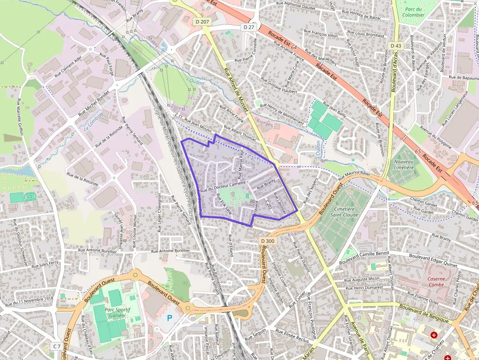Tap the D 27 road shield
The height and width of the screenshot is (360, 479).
tap(249, 27)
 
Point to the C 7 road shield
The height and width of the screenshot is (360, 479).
tap(57, 346)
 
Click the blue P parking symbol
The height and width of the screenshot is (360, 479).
tap(170, 318)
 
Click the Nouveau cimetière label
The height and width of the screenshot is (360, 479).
tap(403, 165)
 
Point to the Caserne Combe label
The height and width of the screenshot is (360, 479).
tap(436, 282)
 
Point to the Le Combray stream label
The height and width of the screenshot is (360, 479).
tap(93, 122)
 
